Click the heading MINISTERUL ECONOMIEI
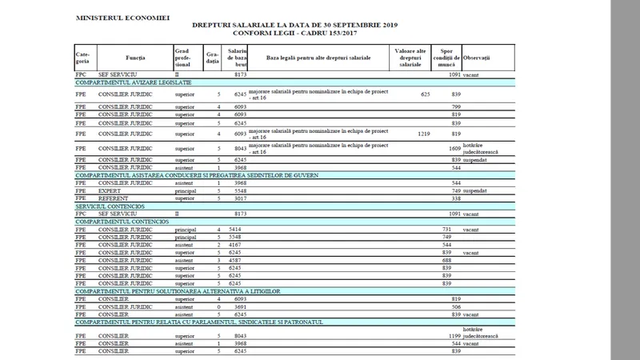point(122,16)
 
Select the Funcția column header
point(136,58)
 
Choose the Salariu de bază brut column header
point(236,58)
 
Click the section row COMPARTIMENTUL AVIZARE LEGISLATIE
point(134,82)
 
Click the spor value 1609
point(454,148)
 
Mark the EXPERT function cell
point(110,190)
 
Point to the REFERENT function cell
point(113,198)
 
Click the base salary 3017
point(241,198)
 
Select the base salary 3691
point(241,306)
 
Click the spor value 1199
point(454,336)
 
